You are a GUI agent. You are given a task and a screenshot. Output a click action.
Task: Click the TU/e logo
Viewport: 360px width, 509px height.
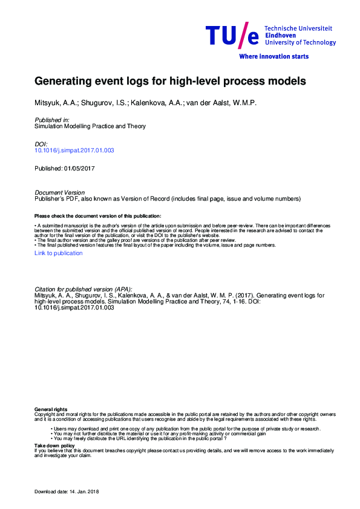[232, 36]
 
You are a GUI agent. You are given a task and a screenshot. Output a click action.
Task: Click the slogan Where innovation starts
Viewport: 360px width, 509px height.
[274, 56]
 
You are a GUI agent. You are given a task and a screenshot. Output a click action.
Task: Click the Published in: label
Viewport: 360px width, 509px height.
[52, 120]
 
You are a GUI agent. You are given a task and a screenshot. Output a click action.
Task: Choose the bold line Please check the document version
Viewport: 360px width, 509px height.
[98, 216]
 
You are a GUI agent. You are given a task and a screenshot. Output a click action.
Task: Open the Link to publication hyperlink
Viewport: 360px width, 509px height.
[58, 253]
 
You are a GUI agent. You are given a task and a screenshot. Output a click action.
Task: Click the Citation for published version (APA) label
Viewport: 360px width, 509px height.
[83, 290]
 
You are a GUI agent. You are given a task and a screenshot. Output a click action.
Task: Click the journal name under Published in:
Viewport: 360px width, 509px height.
[90, 126]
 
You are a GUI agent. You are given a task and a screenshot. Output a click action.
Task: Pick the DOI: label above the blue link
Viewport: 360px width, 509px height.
[41, 144]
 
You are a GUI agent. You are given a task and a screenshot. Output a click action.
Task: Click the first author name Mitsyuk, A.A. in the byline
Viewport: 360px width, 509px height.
[53, 103]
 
